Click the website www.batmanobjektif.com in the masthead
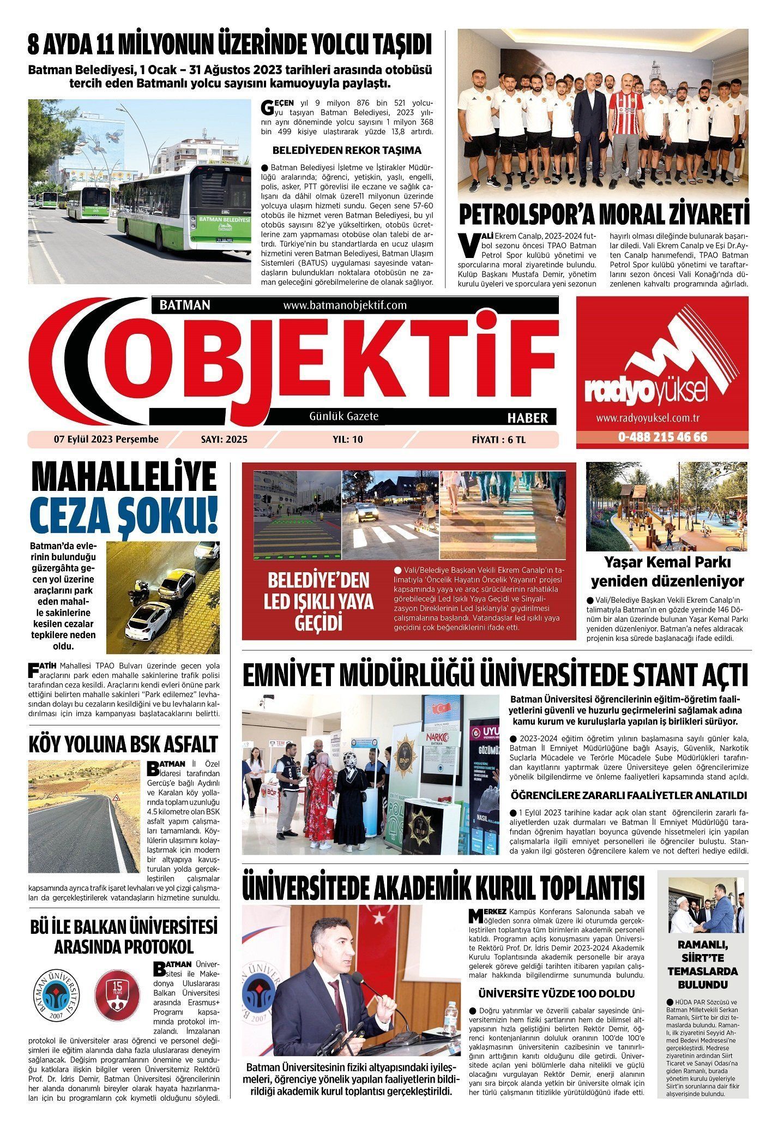click(345, 305)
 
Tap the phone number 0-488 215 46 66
click(662, 437)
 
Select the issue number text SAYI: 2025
click(224, 439)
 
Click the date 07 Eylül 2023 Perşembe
click(106, 439)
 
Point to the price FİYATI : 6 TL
click(498, 440)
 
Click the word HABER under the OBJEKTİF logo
click(527, 418)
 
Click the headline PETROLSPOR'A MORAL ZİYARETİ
click(603, 214)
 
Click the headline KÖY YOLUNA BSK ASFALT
click(123, 744)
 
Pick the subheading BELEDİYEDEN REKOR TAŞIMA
click(347, 150)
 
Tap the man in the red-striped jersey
click(625, 131)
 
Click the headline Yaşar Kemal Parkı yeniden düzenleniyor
click(667, 571)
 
